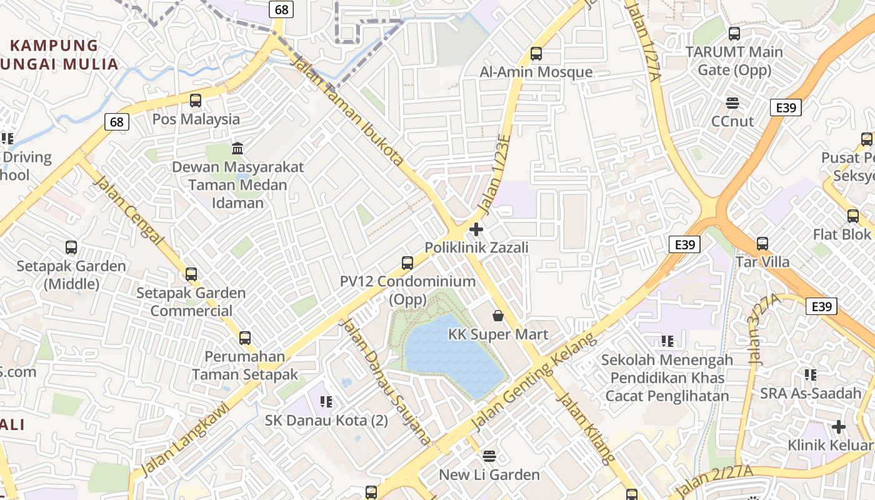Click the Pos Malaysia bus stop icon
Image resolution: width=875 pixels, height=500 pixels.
pyautogui.click(x=196, y=100)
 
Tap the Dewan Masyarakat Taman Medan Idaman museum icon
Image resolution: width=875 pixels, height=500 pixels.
pyautogui.click(x=237, y=148)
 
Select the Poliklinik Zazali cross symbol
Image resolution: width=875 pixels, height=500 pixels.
pyautogui.click(x=476, y=229)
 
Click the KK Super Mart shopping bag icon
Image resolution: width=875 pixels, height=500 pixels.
pyautogui.click(x=498, y=316)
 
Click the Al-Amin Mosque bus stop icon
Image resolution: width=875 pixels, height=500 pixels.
pyautogui.click(x=536, y=54)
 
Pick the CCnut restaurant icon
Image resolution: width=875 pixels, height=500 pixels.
pyautogui.click(x=732, y=102)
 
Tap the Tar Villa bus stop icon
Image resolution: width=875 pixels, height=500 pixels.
pyautogui.click(x=762, y=243)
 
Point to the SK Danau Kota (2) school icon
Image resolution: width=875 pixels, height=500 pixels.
pyautogui.click(x=326, y=401)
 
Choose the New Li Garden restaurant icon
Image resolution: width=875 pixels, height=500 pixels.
pyautogui.click(x=489, y=456)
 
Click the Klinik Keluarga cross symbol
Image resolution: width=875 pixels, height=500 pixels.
pyautogui.click(x=839, y=427)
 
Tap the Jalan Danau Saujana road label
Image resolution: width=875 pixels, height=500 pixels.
pyautogui.click(x=384, y=381)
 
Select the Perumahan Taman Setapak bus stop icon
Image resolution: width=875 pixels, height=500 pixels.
pyautogui.click(x=245, y=338)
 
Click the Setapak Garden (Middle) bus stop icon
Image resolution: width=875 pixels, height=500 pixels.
pyautogui.click(x=71, y=247)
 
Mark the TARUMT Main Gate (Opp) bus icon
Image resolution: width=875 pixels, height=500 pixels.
pyautogui.click(x=734, y=34)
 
